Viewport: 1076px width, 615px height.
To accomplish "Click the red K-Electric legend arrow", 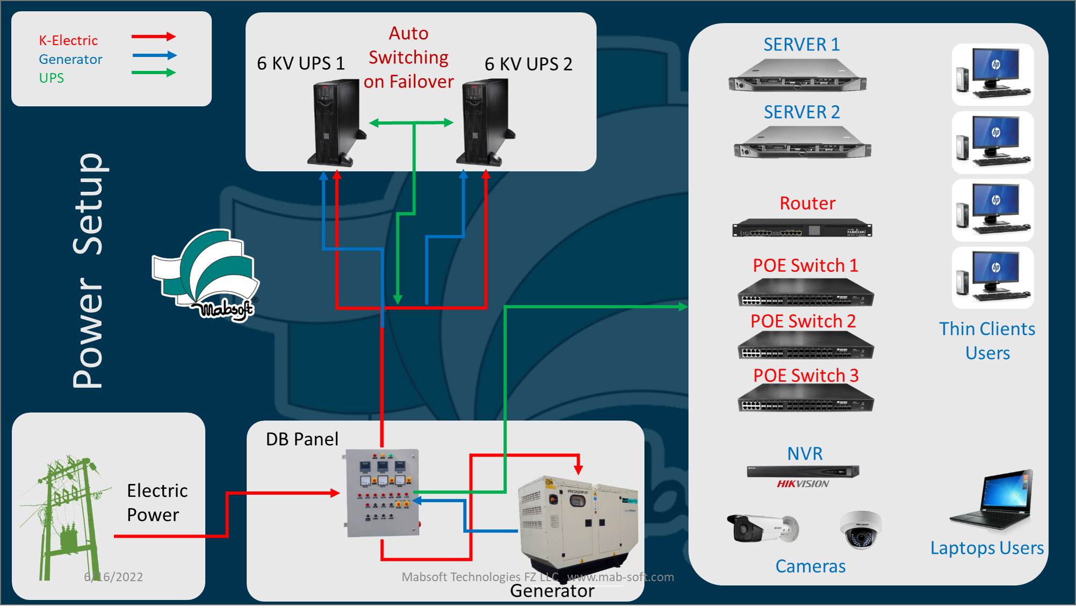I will (154, 37).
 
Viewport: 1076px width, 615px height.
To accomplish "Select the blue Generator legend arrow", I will (154, 55).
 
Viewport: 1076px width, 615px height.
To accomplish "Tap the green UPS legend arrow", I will (154, 73).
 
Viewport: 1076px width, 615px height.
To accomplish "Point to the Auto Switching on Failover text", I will (408, 57).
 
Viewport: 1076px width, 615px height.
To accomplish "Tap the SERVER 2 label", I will (801, 112).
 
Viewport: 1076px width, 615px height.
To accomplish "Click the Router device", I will (802, 229).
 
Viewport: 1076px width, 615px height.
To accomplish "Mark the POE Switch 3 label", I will (806, 375).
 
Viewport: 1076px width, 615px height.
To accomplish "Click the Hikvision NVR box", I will (803, 472).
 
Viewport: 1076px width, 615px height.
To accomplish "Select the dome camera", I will (861, 530).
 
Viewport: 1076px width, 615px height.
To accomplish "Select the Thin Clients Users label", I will (987, 341).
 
